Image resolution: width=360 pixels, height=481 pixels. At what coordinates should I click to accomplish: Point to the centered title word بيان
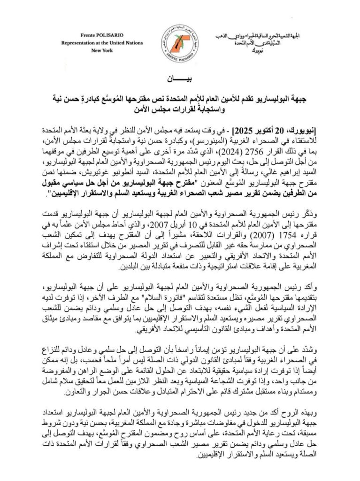pos(180,77)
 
